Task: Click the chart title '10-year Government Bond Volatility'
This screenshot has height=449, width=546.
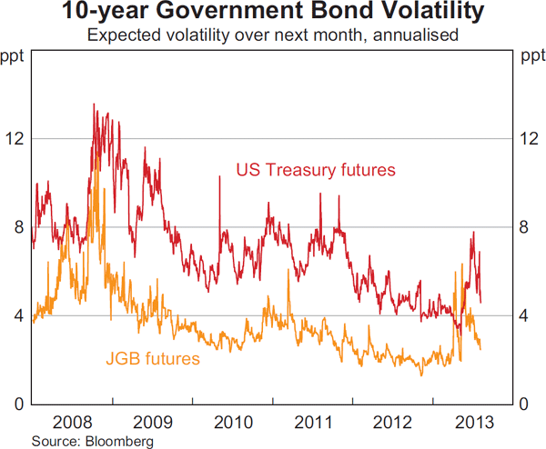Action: (272, 14)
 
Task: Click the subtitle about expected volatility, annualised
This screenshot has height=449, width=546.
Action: (272, 36)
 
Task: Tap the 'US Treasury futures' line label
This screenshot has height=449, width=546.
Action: (316, 169)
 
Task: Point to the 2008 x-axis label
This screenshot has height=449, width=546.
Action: (72, 422)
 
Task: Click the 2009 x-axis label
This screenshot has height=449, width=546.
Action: (152, 422)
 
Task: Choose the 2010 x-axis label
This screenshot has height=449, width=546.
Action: (232, 422)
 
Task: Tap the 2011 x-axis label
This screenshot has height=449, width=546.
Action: (312, 422)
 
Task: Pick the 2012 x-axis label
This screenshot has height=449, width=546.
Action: (393, 422)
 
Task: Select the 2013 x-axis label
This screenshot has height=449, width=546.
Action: (473, 422)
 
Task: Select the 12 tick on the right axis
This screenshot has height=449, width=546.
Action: (530, 138)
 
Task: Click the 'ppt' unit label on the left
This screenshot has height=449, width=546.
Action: (16, 59)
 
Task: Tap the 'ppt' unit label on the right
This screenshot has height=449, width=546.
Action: (530, 59)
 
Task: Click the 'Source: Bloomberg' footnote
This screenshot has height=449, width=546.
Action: (79, 440)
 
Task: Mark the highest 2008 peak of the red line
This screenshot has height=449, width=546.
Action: (94, 105)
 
